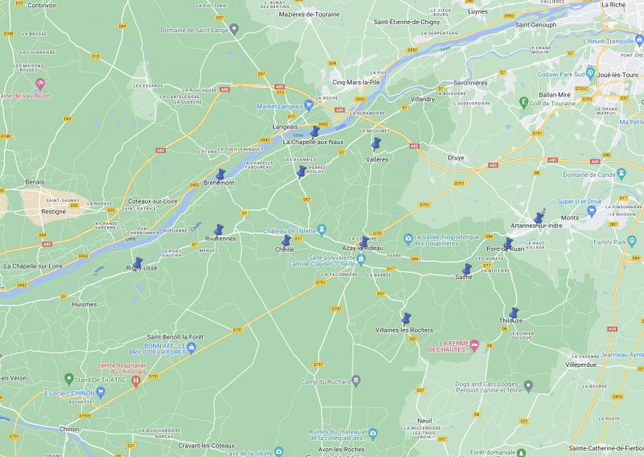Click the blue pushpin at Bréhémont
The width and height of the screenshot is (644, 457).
220,175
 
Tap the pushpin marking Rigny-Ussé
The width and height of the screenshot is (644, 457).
138,263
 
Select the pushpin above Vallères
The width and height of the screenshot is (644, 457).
375,143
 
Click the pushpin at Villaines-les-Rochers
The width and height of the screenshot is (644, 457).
406,319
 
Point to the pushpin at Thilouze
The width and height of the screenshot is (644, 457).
514,314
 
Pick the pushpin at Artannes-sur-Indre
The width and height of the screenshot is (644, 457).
538,219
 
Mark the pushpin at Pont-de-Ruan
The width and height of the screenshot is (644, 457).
508,244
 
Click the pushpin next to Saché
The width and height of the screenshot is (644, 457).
466,270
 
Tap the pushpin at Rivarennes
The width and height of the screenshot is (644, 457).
218,231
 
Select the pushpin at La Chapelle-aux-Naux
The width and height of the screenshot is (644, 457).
315,132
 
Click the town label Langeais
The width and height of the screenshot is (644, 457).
285,126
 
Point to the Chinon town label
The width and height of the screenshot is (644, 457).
69,429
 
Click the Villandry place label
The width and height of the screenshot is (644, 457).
423,99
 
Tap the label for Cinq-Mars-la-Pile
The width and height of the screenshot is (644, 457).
356,82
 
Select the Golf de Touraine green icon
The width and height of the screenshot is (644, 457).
523,102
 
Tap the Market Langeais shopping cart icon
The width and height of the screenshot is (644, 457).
309,105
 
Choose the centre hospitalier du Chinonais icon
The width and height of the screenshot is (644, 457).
135,381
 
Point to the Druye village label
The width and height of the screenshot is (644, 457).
456,158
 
